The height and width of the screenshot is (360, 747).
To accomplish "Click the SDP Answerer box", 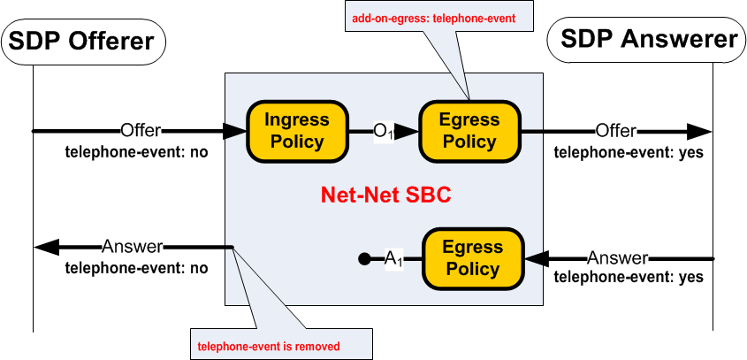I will click(648, 41).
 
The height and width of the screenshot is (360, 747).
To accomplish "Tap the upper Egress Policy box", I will click(470, 131).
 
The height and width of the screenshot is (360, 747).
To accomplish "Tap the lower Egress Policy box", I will click(473, 258).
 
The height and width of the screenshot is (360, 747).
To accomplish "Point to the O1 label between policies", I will click(382, 131).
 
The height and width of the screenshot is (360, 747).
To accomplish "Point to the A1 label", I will click(393, 258).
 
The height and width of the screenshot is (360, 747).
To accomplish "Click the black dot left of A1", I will click(363, 259).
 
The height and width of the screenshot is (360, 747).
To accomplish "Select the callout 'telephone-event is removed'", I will click(268, 345).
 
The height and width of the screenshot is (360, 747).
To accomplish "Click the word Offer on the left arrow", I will click(141, 131).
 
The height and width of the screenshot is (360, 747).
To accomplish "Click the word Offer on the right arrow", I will click(615, 131).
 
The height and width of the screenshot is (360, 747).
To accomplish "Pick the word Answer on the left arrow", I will click(132, 246).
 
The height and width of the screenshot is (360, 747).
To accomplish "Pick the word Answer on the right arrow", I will click(618, 258).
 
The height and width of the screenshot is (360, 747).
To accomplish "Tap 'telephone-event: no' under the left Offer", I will click(137, 151).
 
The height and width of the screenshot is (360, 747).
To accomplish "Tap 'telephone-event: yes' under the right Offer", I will click(629, 151).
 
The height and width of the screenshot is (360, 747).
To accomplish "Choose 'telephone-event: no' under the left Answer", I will click(137, 266).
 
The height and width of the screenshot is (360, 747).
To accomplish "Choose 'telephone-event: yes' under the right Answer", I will click(629, 278).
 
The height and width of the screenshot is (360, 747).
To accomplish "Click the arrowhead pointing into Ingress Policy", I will click(234, 131).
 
